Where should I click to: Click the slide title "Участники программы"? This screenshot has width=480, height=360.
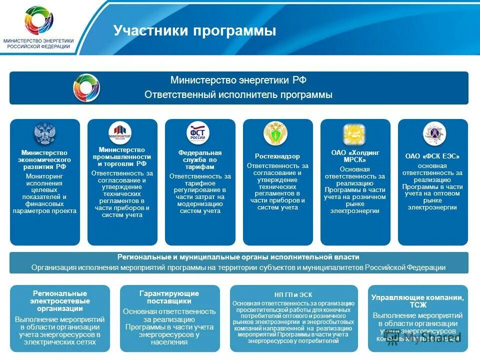point(194,31)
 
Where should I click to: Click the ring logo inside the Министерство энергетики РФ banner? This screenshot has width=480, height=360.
point(86,87)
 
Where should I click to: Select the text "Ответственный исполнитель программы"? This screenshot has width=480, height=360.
point(238,95)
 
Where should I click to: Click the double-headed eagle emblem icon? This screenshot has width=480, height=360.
point(44,133)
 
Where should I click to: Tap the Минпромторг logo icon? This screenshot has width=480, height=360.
point(120,133)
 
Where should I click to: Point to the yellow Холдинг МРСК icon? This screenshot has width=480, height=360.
point(354,134)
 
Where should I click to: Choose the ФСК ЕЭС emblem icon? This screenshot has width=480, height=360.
point(433,133)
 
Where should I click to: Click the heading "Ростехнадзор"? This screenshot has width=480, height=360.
point(277,156)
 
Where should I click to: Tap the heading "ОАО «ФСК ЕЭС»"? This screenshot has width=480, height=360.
point(432,156)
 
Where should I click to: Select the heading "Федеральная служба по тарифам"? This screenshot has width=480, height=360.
point(200,159)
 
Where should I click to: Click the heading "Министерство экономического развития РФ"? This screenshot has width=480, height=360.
point(44,159)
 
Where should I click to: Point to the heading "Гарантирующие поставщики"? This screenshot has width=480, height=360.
point(169,297)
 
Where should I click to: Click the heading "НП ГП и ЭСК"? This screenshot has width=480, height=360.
point(293,295)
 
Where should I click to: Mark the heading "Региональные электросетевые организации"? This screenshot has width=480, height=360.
point(59,300)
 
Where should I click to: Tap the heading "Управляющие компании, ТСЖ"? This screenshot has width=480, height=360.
point(417,301)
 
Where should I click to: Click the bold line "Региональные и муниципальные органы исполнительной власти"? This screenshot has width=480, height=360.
point(238,257)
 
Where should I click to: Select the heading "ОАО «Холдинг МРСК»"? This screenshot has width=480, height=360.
point(355,156)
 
